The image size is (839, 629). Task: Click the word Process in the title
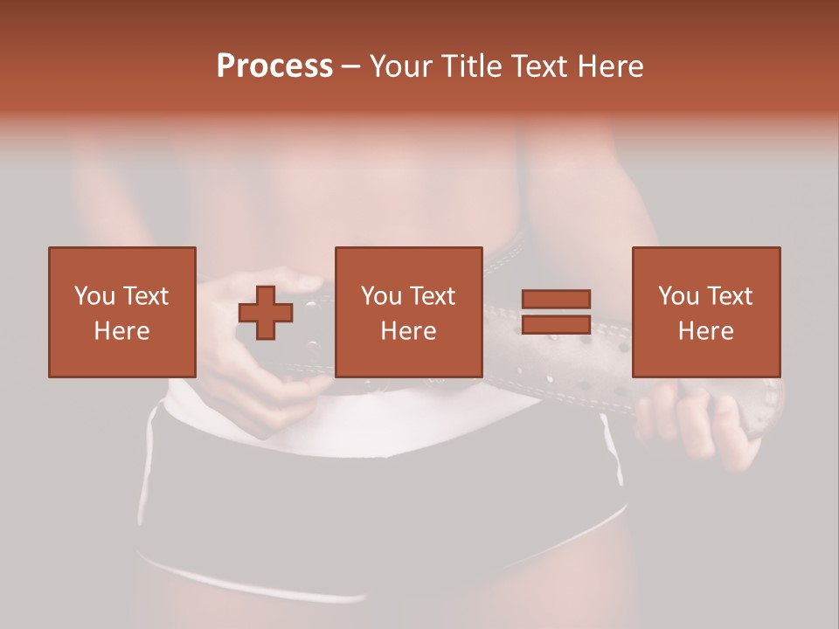[x=274, y=66]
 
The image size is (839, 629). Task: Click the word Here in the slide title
[x=612, y=66]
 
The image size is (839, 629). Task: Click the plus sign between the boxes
[x=266, y=313]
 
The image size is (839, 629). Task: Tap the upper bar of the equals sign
[x=556, y=300]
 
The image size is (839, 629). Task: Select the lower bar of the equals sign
[x=556, y=324]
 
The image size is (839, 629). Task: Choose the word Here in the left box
[x=121, y=331]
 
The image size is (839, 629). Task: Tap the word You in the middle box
[x=381, y=296]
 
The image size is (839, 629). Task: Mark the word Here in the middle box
[x=408, y=331]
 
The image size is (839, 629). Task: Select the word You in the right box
[x=678, y=296]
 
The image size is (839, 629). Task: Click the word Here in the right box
[x=705, y=331]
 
